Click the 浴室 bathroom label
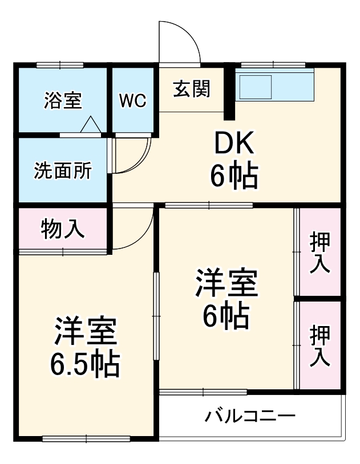[63, 100]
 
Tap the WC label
[133, 100]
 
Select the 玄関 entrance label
[192, 88]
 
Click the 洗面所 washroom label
[63, 170]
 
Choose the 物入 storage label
[63, 229]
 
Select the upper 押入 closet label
[320, 253]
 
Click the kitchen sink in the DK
[256, 87]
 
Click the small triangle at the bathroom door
[90, 125]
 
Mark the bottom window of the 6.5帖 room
[86, 438]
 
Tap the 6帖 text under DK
[234, 176]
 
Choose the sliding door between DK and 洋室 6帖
[209, 205]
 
